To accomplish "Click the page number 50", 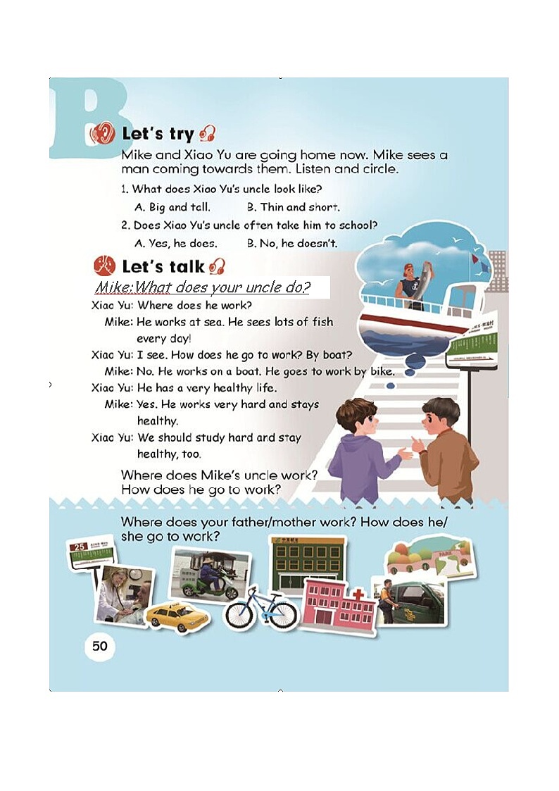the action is pyautogui.click(x=100, y=646).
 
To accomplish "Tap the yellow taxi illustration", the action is pyautogui.click(x=177, y=616).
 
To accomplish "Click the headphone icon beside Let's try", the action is pyautogui.click(x=207, y=134).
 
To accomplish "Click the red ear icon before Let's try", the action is pyautogui.click(x=102, y=135).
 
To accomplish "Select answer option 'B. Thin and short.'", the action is pyautogui.click(x=294, y=207).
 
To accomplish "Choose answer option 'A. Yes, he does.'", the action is pyautogui.click(x=176, y=243).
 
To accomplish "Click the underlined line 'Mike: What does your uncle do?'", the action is pyautogui.click(x=203, y=287).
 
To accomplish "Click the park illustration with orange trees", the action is pyautogui.click(x=430, y=558).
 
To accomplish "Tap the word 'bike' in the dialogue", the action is pyautogui.click(x=382, y=371).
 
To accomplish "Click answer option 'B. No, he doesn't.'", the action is pyautogui.click(x=292, y=243).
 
